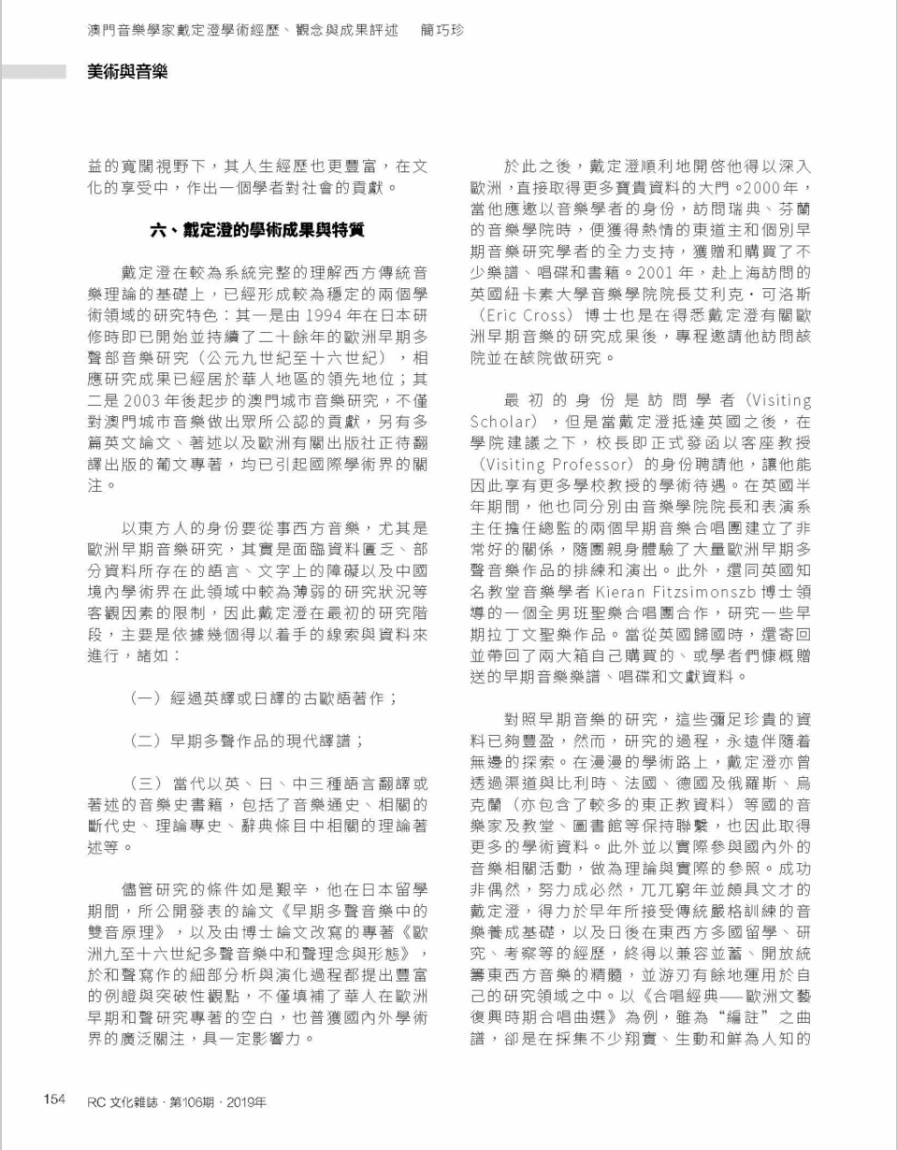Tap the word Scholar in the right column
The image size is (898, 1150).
[500, 422]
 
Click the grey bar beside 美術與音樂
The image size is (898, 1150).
[34, 71]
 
